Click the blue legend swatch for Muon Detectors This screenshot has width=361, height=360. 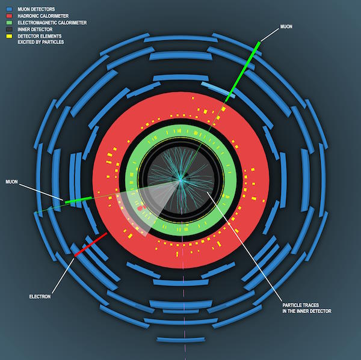click(x=9, y=9)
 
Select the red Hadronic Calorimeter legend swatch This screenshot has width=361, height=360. click(x=9, y=16)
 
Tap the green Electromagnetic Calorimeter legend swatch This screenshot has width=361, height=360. click(x=9, y=23)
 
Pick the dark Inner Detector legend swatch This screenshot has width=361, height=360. click(x=9, y=29)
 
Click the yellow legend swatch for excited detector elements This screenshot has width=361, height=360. click(x=9, y=36)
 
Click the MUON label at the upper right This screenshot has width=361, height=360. click(x=286, y=26)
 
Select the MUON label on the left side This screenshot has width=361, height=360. click(x=11, y=182)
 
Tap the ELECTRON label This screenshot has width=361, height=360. click(x=40, y=296)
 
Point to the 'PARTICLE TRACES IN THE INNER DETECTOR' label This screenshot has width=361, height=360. click(x=307, y=308)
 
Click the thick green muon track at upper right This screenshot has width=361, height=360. click(x=243, y=72)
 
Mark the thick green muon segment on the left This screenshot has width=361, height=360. click(x=78, y=200)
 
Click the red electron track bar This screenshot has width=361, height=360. click(x=91, y=244)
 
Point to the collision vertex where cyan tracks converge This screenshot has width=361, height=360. click(x=180, y=180)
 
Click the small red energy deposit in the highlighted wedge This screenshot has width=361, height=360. click(x=140, y=208)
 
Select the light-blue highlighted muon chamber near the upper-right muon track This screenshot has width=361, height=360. click(x=218, y=90)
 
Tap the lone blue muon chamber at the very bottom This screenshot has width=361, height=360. click(x=181, y=340)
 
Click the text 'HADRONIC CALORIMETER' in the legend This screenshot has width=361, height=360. click(x=43, y=16)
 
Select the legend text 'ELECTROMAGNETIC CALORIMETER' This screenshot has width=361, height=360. click(x=52, y=23)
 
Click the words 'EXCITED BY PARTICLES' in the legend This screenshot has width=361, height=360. click(x=41, y=42)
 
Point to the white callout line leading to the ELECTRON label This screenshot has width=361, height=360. click(x=63, y=276)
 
